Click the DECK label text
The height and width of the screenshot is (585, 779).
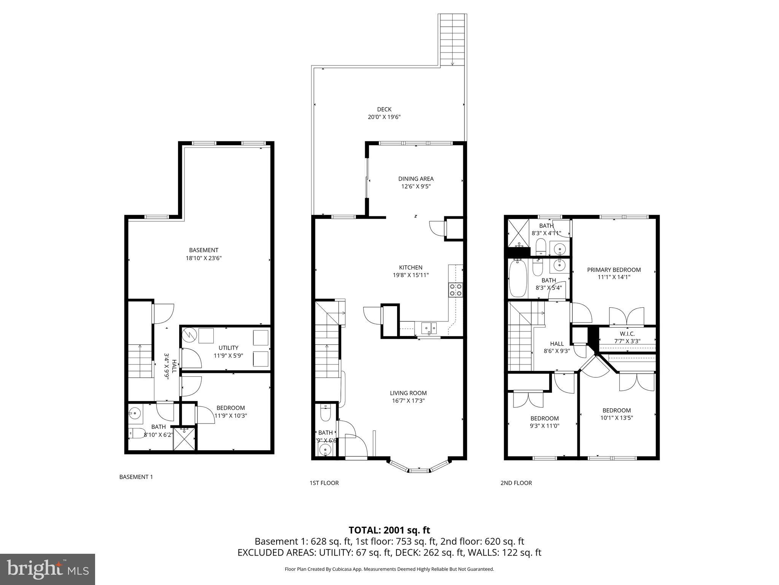click(384, 109)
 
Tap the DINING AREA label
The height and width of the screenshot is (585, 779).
click(416, 179)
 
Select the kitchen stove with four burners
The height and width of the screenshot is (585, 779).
click(456, 289)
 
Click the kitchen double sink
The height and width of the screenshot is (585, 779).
click(429, 327)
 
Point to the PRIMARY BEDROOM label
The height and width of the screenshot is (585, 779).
click(614, 270)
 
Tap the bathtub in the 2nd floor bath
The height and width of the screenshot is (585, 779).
click(517, 278)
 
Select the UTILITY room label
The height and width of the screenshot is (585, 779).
click(228, 347)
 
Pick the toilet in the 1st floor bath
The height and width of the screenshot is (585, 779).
click(325, 413)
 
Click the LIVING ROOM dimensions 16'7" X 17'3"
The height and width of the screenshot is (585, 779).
click(408, 401)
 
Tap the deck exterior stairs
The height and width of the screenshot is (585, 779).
click(453, 40)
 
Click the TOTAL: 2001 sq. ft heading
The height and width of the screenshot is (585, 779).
click(389, 530)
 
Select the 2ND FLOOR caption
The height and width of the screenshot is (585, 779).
click(516, 483)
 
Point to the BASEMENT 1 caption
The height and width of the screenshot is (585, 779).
click(136, 477)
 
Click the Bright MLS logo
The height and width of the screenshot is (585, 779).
click(48, 569)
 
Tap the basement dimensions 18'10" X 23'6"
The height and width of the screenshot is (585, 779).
click(203, 258)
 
